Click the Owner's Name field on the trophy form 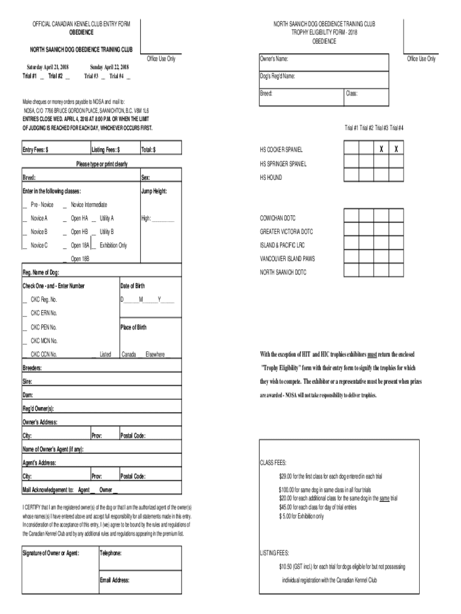click(x=323, y=59)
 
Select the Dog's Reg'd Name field click(x=323, y=76)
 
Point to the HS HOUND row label click(x=271, y=178)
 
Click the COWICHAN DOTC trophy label click(x=278, y=218)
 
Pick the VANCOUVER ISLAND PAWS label click(x=287, y=258)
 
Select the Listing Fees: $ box click(x=113, y=150)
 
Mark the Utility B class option click(x=106, y=231)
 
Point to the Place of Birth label click(x=134, y=327)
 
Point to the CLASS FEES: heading click(x=273, y=463)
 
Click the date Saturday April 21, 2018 click(x=47, y=67)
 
